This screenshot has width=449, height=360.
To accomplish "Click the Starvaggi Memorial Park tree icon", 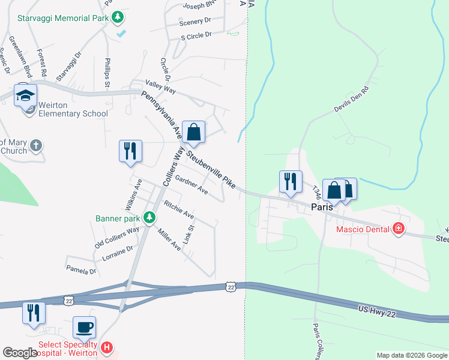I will coord(119,17).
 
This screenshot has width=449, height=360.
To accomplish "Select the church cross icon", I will coord(36,145).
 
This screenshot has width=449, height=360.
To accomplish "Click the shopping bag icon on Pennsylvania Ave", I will coord(194,133).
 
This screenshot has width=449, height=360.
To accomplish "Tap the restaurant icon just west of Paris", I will coord(291,182).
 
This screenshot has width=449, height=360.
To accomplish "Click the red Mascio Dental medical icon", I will coord(397,228).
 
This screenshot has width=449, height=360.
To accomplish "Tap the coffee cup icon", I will coord(84,328).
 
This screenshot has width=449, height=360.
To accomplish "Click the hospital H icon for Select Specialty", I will coord(107,347).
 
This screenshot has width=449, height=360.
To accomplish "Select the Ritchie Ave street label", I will coord(179,209).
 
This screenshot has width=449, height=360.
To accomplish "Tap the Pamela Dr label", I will coord(81,271).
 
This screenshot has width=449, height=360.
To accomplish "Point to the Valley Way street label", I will coord(161,86).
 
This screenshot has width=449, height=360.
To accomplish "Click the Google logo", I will coord(20,353).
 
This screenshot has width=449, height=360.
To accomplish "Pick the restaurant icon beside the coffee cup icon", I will coord(34,314).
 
